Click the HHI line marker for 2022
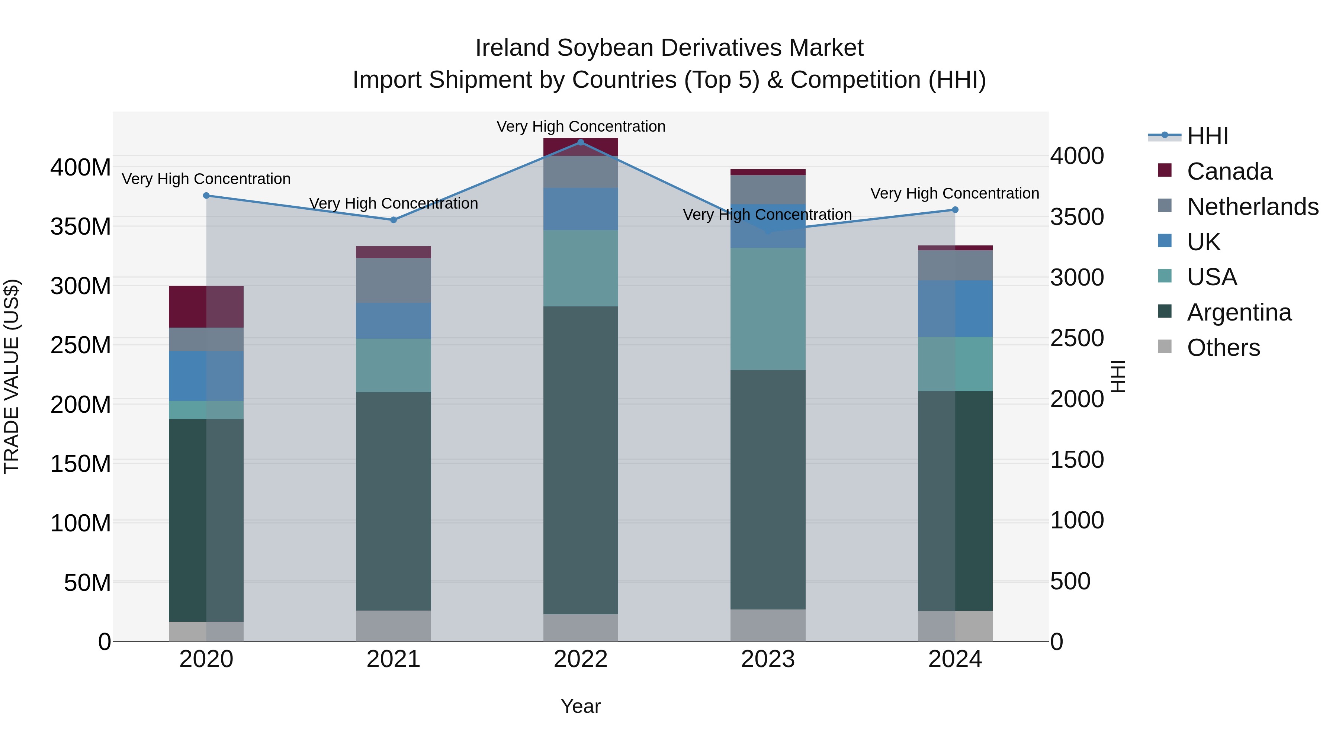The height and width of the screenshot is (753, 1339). point(581,142)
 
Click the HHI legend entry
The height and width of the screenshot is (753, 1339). point(1207,136)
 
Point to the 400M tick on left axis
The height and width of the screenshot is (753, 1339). point(81,167)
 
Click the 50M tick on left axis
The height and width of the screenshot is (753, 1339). point(87,583)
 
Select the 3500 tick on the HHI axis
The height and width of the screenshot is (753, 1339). point(1077,217)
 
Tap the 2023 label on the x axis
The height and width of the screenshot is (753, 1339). point(768,659)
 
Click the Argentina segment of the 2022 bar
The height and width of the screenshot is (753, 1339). point(581,460)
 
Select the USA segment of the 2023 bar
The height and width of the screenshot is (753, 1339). point(768,309)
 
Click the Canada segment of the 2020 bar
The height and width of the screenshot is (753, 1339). point(206,307)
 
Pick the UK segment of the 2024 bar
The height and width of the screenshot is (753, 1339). point(955,309)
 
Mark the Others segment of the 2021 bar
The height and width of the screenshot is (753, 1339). point(394,626)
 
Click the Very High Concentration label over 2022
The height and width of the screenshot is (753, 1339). point(581,126)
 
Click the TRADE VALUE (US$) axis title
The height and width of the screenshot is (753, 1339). point(12,376)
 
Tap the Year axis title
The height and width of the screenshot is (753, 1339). point(581,706)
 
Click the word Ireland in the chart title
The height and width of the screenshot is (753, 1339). point(513,48)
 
